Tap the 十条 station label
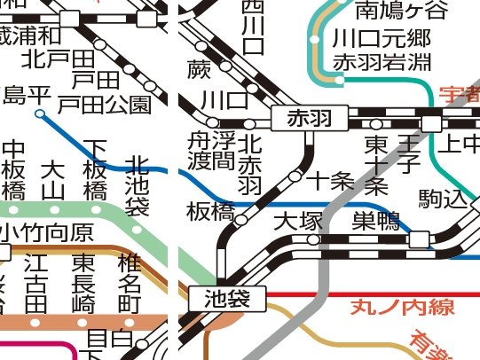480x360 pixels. coord(330,181)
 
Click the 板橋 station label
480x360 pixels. coord(210,211)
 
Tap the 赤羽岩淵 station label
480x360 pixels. coord(369,62)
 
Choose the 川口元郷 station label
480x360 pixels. coord(369,39)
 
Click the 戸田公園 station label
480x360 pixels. coord(104,105)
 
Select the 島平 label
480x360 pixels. coord(27,94)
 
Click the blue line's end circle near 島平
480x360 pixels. coord(39,113)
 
